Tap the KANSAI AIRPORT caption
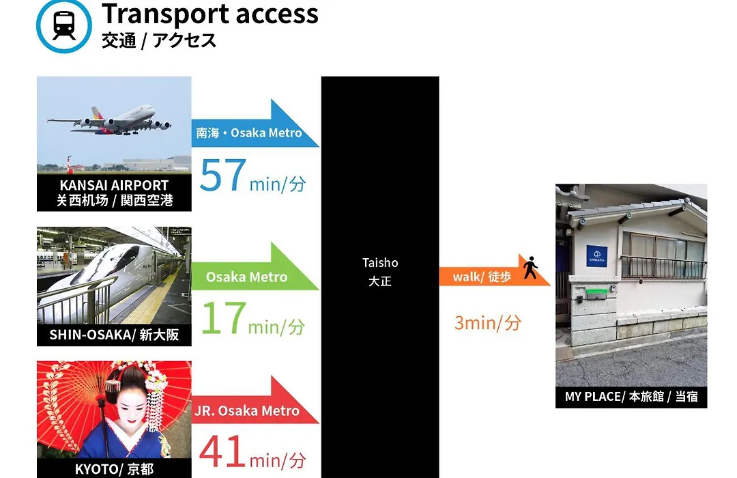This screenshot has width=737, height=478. click(x=114, y=193)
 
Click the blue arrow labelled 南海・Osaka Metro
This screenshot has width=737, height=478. click(x=255, y=124)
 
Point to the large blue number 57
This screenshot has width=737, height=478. click(x=222, y=175)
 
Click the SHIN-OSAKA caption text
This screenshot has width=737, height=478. click(x=114, y=335)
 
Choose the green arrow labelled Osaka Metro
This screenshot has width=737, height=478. click(x=255, y=267)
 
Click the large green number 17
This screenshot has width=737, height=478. click(x=224, y=318)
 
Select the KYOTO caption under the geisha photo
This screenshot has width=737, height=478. click(x=114, y=469)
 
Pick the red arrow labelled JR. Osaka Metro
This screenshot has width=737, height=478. click(x=255, y=400)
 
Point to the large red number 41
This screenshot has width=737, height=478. click(x=222, y=451)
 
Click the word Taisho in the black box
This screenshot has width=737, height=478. click(x=380, y=262)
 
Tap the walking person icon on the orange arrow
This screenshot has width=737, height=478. click(x=531, y=268)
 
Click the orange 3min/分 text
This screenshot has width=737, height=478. click(x=487, y=323)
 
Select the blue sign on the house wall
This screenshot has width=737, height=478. click(x=596, y=256)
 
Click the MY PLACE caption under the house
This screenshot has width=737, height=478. click(x=631, y=397)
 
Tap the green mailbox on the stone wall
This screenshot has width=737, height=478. click(x=596, y=294)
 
